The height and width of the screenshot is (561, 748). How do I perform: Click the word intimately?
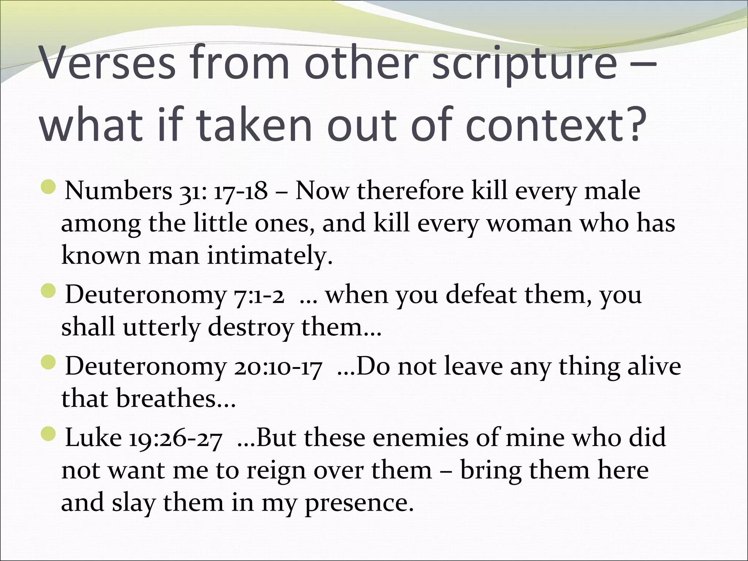[x=270, y=255]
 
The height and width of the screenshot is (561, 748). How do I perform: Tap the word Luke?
[x=93, y=438]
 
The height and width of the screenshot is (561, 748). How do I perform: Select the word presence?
[x=359, y=503]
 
